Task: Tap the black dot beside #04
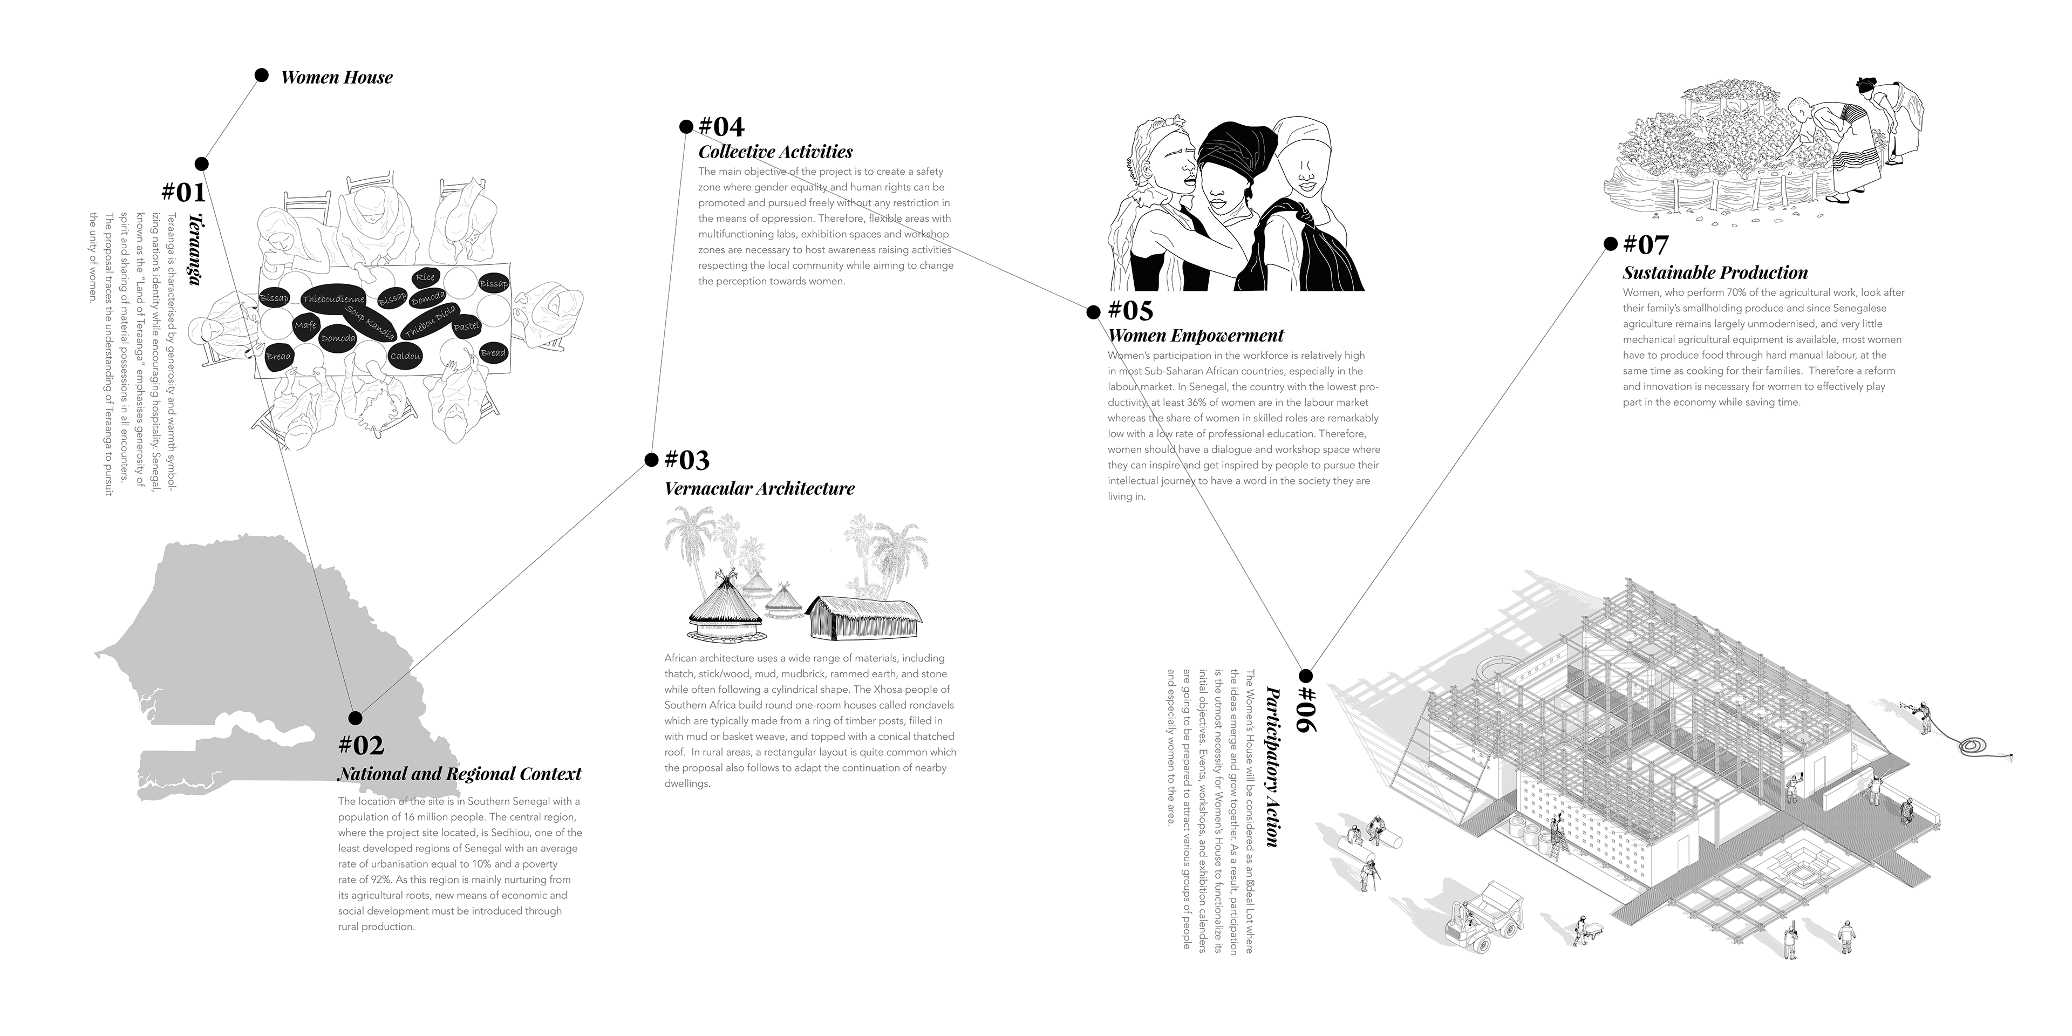pos(686,126)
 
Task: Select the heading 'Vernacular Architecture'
pos(759,488)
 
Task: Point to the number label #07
pos(1646,244)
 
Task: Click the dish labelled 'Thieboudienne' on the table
pos(333,299)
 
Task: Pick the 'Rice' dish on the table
pos(425,277)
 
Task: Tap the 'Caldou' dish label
pos(405,356)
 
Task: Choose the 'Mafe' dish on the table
pos(305,326)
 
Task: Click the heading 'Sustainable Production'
pos(1715,272)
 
